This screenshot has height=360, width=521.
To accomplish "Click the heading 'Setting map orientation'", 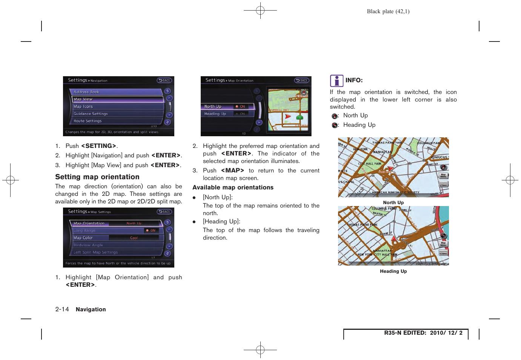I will (x=97, y=177).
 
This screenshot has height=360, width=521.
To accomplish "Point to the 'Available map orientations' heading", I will (x=233, y=188).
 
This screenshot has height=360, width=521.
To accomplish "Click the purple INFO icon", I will (x=337, y=81).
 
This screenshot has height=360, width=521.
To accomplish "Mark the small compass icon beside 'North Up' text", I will (x=335, y=116).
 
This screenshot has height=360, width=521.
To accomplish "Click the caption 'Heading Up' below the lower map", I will (x=393, y=271).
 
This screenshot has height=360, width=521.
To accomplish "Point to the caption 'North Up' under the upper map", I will (x=393, y=203).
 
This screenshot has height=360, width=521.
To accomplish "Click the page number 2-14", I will (x=62, y=309).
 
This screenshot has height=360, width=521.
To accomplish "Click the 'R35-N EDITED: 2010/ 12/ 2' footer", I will (x=423, y=333).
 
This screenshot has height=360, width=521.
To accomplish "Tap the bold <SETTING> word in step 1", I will (x=98, y=146).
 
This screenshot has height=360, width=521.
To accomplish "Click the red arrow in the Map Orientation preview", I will (x=288, y=117).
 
